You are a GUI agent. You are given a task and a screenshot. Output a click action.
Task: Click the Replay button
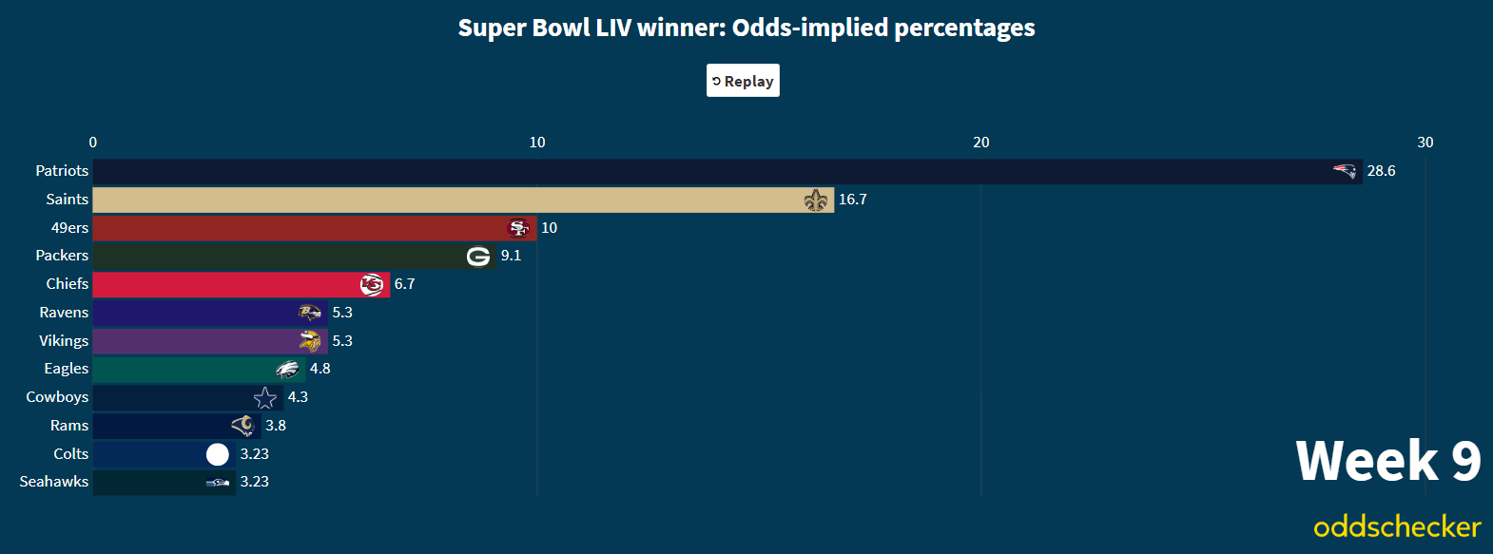coord(743,81)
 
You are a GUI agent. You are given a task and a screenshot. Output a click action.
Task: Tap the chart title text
coord(746,28)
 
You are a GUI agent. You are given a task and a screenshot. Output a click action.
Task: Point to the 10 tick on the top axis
coord(537,143)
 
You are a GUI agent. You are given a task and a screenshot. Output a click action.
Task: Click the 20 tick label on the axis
coord(981,143)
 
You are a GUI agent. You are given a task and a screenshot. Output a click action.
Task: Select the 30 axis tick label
coord(1425,143)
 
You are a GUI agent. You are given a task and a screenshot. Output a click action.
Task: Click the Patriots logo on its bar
coord(1345,171)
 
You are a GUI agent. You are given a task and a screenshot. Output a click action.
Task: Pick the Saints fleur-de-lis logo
coord(816,200)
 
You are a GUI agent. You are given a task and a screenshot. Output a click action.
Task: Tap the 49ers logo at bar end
coord(518,228)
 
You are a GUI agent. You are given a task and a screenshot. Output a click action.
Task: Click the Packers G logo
coord(478,256)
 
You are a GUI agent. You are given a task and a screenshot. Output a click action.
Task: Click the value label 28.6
coord(1381,171)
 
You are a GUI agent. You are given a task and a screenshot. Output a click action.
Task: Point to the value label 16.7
coord(853,200)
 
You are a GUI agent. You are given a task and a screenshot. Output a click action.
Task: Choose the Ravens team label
coord(64,313)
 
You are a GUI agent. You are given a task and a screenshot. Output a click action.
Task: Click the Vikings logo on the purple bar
coord(310,341)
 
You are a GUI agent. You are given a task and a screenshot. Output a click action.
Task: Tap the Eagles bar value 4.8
coord(320,369)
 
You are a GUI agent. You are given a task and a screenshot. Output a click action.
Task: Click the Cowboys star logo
coord(265,397)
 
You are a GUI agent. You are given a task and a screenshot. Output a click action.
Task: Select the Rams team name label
coord(69,426)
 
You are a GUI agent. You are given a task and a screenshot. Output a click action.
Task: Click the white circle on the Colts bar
coord(218,454)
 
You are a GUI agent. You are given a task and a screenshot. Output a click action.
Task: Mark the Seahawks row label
coord(54,482)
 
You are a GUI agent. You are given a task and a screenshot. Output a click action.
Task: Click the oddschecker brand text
coord(1397,526)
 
